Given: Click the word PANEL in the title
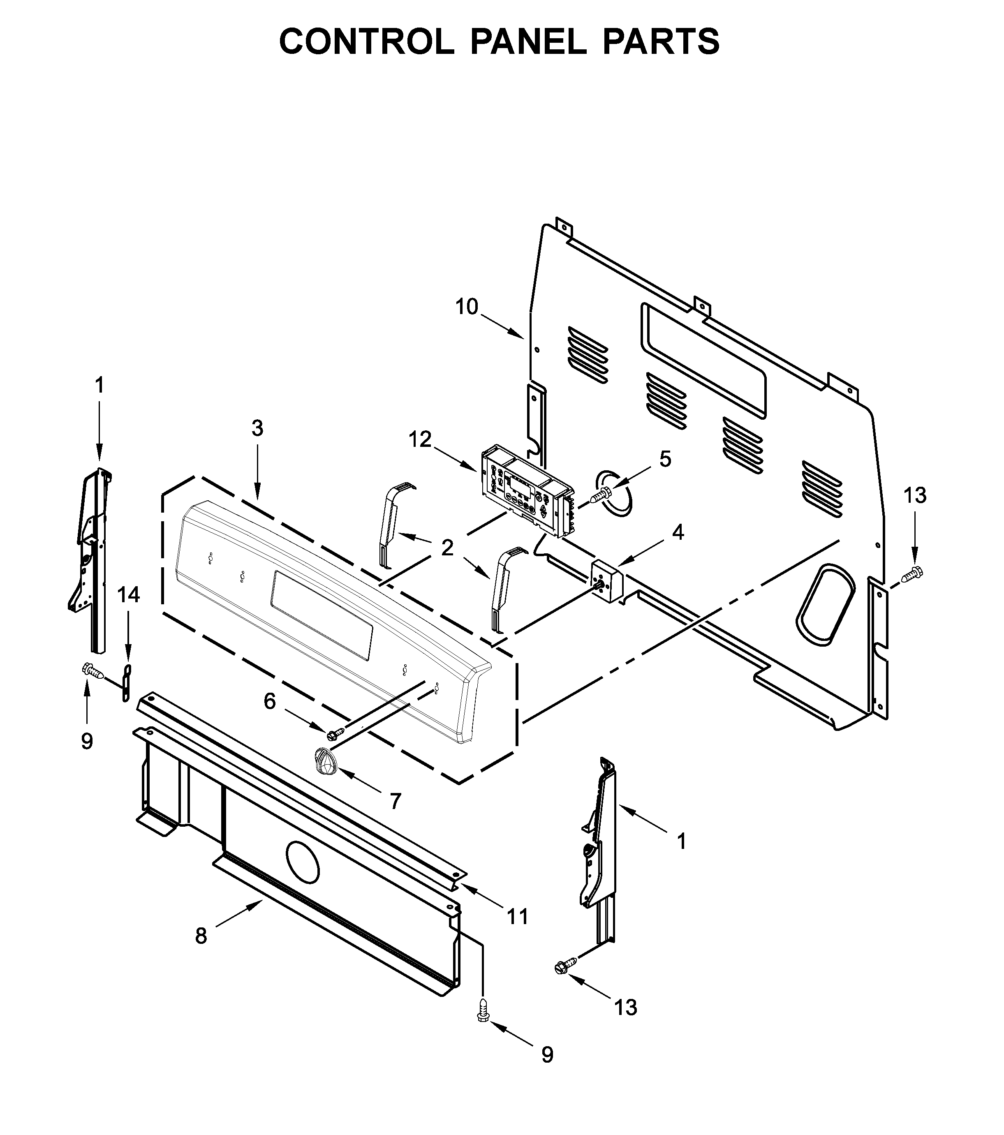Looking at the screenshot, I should (528, 42).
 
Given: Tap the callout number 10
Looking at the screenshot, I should (467, 307).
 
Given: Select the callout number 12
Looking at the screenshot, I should (420, 440).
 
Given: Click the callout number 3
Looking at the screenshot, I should (257, 428).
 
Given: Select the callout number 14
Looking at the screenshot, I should (128, 595).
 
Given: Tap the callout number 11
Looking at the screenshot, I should (518, 916).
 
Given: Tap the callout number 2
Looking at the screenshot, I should (447, 548).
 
